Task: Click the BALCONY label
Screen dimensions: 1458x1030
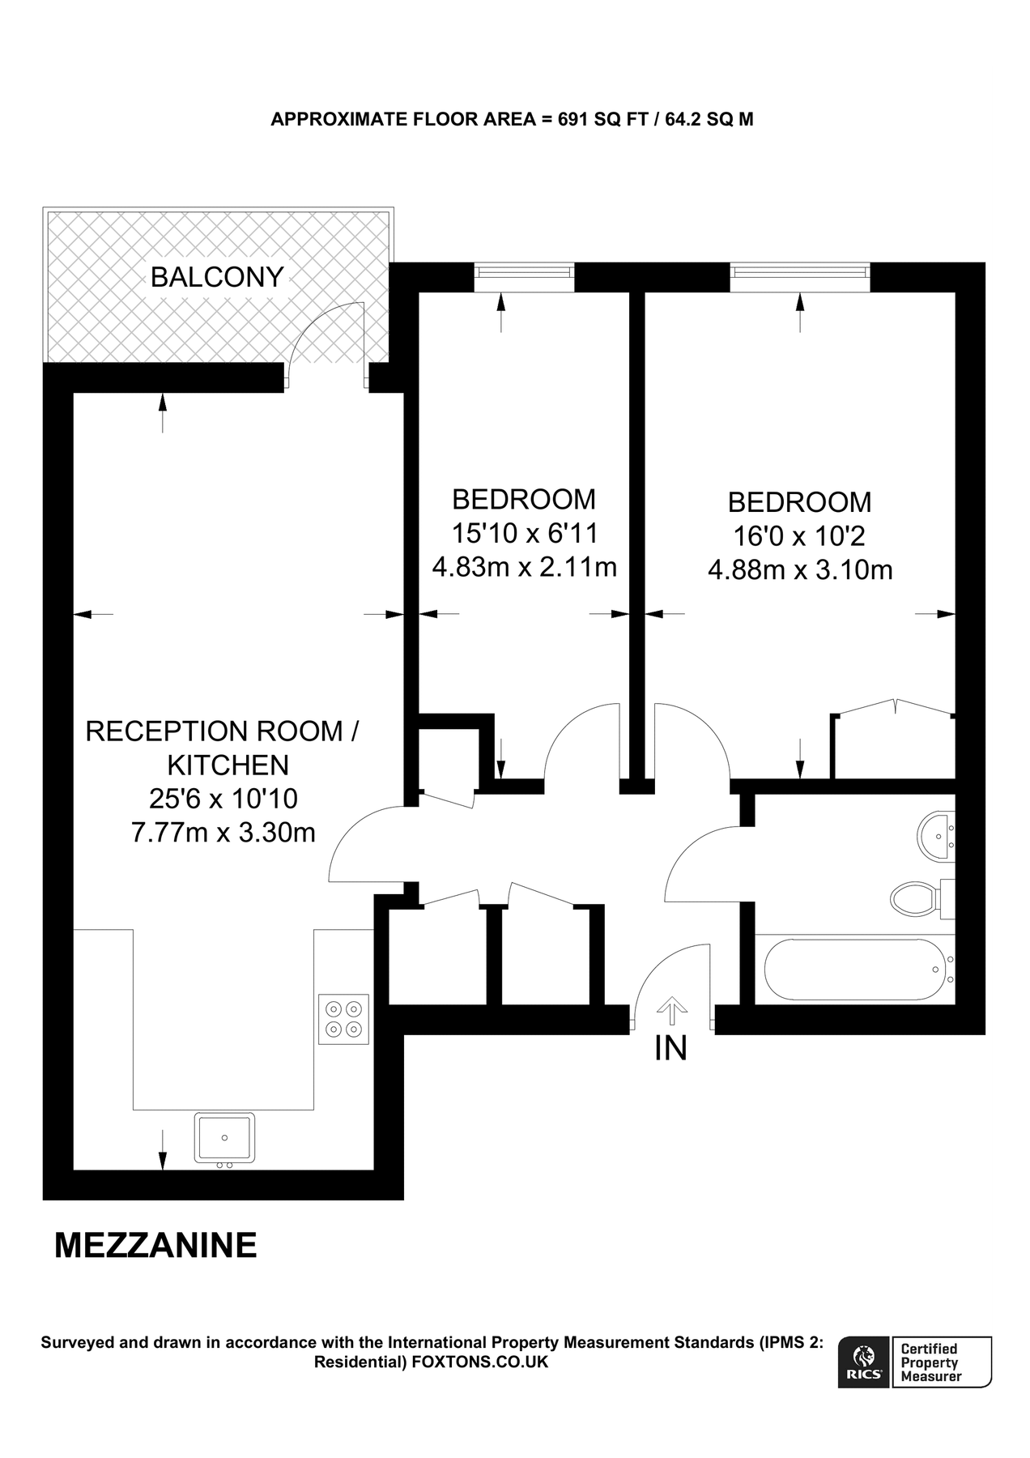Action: click(217, 278)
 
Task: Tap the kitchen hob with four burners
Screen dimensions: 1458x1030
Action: click(343, 1019)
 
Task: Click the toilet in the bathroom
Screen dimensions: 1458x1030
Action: click(915, 897)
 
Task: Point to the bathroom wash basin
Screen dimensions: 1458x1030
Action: click(937, 835)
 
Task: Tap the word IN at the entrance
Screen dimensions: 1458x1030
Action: click(670, 1049)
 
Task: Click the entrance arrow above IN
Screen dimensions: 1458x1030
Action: click(671, 1009)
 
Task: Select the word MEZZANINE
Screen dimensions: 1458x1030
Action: click(155, 1246)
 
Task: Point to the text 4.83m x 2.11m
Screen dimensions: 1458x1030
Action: click(525, 567)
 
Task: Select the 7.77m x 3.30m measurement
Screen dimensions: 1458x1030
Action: click(223, 832)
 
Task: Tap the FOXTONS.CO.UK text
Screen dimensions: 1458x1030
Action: click(480, 1362)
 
